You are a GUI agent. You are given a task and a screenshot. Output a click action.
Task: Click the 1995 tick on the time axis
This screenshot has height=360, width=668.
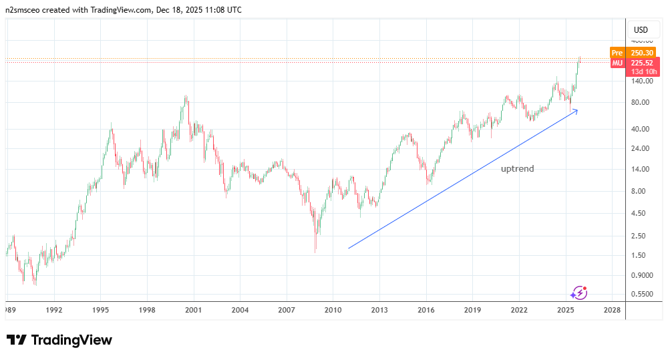click(x=100, y=310)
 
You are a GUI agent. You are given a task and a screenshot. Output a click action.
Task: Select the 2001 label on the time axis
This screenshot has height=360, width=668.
click(x=194, y=310)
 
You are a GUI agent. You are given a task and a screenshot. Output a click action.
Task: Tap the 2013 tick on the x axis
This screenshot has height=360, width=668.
click(x=379, y=310)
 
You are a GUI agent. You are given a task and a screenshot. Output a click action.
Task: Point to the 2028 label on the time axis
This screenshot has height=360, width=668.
click(x=612, y=310)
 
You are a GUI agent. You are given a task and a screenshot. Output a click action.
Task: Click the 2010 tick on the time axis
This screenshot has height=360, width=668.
click(x=333, y=310)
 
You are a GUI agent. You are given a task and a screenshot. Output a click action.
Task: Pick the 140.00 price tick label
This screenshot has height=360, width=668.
click(x=641, y=81)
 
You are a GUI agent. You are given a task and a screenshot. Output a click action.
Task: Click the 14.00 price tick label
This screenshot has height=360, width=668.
click(x=641, y=169)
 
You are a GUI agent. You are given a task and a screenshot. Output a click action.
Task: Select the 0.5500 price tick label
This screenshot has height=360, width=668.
click(x=641, y=294)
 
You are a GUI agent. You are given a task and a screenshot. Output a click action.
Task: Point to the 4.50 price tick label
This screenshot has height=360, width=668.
click(x=641, y=213)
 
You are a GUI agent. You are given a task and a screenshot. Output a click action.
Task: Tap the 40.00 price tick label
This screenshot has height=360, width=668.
click(x=641, y=129)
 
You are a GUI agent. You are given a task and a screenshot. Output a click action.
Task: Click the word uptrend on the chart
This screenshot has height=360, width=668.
click(x=518, y=169)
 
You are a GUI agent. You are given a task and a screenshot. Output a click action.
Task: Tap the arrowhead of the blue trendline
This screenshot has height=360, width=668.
click(x=576, y=110)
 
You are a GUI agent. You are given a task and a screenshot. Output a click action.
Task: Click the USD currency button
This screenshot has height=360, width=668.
click(x=641, y=30)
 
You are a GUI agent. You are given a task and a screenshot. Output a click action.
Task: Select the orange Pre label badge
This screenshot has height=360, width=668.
click(x=617, y=53)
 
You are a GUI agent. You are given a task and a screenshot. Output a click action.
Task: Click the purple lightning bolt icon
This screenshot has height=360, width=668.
click(x=578, y=292)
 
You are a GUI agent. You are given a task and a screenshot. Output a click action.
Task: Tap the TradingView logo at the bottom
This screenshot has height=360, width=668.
click(x=59, y=340)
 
